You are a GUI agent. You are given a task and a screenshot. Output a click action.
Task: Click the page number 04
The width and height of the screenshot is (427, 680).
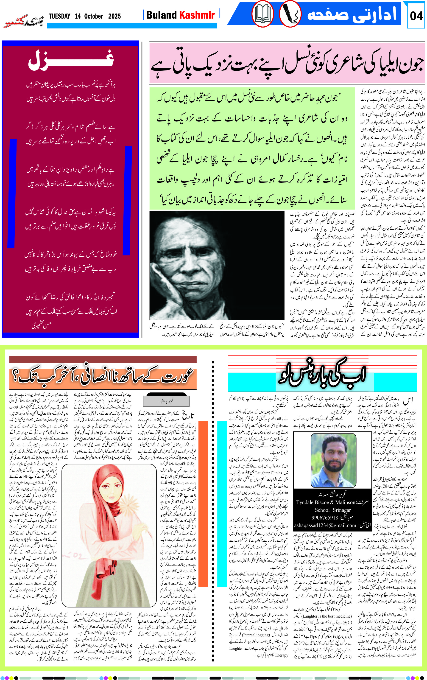pyautogui.click(x=416, y=16)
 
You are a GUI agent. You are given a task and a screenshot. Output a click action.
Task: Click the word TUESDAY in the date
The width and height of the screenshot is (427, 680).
pyautogui.click(x=60, y=16)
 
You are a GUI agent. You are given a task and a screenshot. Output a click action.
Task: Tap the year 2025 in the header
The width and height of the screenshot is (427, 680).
pyautogui.click(x=114, y=16)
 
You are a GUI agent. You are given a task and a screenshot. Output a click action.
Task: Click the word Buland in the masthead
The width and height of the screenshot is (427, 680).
pyautogui.click(x=162, y=15)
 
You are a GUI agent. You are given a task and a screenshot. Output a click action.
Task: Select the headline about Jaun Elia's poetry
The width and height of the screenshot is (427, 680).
pyautogui.click(x=287, y=64)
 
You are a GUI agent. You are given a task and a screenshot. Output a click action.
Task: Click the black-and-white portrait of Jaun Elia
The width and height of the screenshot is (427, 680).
pyautogui.click(x=217, y=265)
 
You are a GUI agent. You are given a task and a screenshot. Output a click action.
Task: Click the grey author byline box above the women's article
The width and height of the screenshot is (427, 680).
pyautogui.click(x=166, y=401)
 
